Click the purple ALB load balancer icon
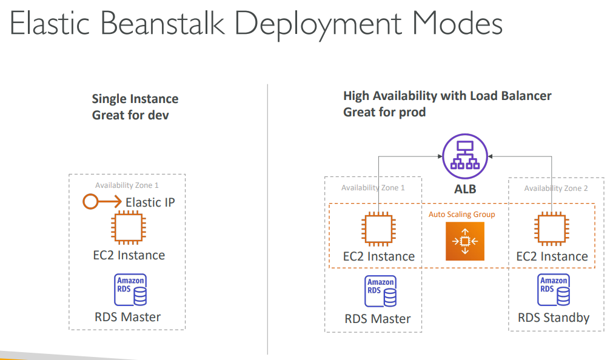[464, 156]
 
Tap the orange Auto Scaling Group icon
[465, 241]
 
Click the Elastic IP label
[150, 202]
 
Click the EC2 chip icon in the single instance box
[127, 229]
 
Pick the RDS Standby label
[554, 317]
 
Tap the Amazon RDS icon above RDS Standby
[554, 290]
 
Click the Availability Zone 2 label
[556, 188]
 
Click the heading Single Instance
[135, 99]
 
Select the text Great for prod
[384, 112]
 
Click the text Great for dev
[130, 115]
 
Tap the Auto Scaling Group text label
[461, 215]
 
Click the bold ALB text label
[465, 189]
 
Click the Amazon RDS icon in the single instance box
[130, 290]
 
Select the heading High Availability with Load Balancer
[447, 96]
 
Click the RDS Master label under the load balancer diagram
[378, 318]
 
